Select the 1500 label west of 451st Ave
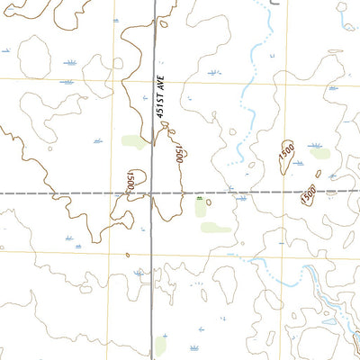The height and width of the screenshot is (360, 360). point(131,179)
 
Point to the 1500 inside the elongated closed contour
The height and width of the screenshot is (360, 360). point(285,155)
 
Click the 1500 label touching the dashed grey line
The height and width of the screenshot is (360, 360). point(309,193)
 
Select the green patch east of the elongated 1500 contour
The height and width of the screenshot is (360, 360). point(319,153)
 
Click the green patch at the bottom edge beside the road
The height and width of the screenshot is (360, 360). point(161,346)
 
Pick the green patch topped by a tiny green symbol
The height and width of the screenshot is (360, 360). point(200,208)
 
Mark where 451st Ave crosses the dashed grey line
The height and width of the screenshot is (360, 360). point(153,193)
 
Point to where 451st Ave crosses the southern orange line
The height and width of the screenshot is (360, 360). point(153,252)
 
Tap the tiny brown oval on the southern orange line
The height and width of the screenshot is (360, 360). point(128,254)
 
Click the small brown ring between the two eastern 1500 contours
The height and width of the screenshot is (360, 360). point(318,174)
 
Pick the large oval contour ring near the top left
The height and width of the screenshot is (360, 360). point(34,58)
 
